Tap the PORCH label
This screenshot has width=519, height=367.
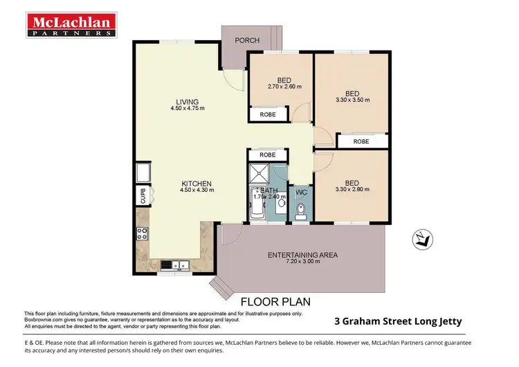(x=247, y=40)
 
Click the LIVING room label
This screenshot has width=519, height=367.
(x=187, y=102)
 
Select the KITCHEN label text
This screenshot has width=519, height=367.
(x=195, y=183)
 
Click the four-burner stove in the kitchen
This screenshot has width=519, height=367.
(x=143, y=234)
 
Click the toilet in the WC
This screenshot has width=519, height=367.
(x=300, y=210)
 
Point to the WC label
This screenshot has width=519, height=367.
(x=301, y=192)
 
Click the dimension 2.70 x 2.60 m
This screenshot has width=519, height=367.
(x=281, y=87)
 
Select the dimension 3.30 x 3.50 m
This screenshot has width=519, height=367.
(x=352, y=100)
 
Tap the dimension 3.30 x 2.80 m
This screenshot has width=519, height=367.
(x=352, y=190)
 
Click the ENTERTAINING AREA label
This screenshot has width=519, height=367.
(x=302, y=255)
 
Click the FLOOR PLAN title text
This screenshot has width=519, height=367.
(x=275, y=302)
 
